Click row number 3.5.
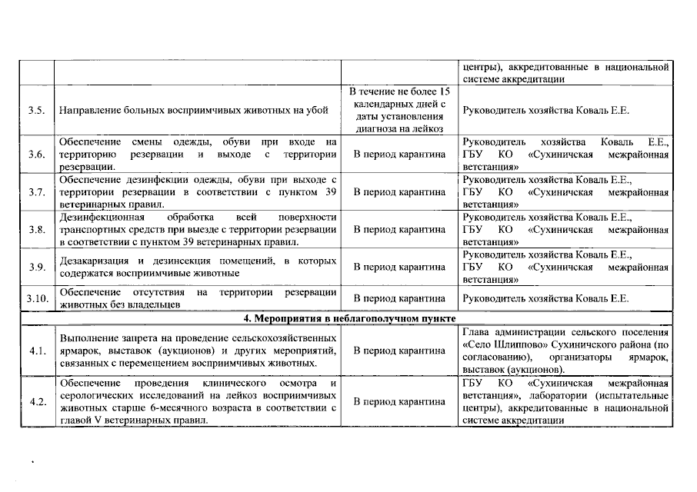tap(35, 110)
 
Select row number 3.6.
tap(35, 155)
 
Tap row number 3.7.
tap(35, 192)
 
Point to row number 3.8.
tap(35, 230)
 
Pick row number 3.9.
tap(35, 267)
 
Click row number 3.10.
tap(35, 298)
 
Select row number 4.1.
tap(35, 351)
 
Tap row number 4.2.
tap(35, 401)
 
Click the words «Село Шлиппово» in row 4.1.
tap(505, 344)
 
